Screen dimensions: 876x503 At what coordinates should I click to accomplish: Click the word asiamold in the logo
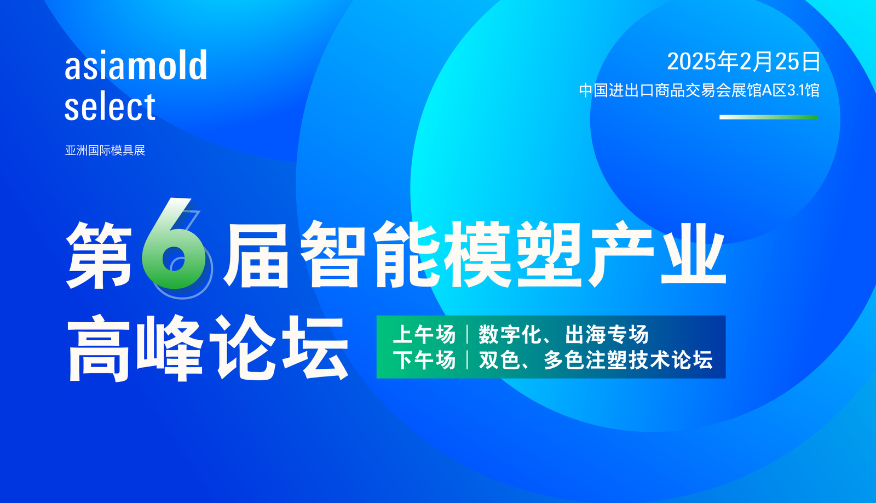point(136,65)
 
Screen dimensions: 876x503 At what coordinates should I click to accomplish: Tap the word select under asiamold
point(110,106)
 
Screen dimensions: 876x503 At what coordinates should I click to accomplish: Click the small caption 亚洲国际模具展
point(105,150)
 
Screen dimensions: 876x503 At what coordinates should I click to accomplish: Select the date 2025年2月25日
point(743,62)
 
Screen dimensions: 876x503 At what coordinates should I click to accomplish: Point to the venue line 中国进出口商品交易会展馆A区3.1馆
point(699,90)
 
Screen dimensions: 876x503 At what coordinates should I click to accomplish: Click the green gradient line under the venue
point(769,117)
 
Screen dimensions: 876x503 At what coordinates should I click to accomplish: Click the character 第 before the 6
point(99,255)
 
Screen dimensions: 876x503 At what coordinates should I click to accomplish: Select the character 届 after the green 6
point(257,255)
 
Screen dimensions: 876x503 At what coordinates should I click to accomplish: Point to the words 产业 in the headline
point(658,254)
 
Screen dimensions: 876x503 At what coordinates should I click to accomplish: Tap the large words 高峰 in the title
point(135,347)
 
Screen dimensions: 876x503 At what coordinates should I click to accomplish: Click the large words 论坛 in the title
point(279,347)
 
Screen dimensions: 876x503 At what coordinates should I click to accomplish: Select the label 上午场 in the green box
point(424,335)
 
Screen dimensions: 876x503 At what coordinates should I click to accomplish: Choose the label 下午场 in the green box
point(424,360)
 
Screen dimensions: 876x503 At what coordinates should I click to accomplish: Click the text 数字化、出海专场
point(563,335)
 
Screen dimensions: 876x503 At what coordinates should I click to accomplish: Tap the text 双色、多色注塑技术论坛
point(596,360)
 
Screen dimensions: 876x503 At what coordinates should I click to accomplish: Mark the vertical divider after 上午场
point(468,335)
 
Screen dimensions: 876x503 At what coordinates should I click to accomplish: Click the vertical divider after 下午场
point(468,360)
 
